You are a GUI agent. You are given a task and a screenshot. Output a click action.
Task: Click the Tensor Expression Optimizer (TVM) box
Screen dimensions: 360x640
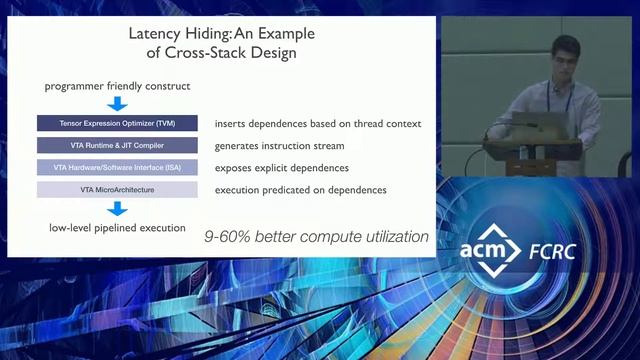[x=118, y=124]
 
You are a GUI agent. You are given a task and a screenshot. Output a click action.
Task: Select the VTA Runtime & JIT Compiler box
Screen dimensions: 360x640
[x=118, y=146]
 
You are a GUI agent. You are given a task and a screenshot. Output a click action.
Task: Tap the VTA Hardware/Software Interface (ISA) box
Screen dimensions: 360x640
[x=118, y=167]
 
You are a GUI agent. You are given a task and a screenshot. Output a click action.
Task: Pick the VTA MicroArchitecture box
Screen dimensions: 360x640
[x=118, y=189]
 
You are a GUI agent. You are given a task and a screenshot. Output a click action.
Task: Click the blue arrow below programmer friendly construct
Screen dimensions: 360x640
[x=118, y=103]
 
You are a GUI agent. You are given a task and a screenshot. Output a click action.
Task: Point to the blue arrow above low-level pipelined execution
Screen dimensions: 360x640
[x=118, y=209]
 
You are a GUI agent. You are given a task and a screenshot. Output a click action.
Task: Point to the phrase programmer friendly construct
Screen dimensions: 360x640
[x=118, y=86]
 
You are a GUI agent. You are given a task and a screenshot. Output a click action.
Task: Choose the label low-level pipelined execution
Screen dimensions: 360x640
[x=118, y=228]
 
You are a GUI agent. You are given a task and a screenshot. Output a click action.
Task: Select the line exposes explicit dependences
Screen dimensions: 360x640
[x=282, y=167]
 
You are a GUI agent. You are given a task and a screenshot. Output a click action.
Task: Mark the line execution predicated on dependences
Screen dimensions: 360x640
[x=301, y=189]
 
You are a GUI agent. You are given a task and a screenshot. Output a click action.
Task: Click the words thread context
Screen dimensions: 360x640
[x=385, y=124]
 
